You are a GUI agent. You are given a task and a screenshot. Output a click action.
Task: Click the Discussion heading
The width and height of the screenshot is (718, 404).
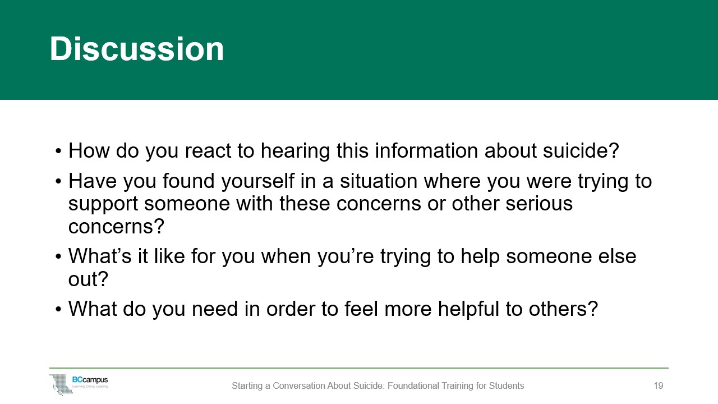tap(137, 49)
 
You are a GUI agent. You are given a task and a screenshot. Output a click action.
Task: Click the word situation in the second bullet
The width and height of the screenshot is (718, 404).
tap(379, 181)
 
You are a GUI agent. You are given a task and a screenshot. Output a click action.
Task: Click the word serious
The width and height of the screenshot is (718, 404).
tap(539, 204)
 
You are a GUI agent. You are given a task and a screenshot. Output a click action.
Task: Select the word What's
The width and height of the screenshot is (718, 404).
tap(100, 256)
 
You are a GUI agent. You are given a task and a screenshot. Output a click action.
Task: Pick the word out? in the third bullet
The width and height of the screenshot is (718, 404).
tap(88, 279)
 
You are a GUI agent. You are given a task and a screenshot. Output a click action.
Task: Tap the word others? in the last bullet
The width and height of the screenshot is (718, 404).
tap(563, 309)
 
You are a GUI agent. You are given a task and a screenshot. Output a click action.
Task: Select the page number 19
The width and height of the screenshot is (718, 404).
tap(659, 385)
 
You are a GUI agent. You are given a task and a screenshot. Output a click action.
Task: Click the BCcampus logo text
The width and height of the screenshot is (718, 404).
tap(90, 380)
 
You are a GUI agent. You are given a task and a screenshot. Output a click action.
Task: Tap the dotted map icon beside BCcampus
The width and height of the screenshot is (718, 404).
tap(61, 384)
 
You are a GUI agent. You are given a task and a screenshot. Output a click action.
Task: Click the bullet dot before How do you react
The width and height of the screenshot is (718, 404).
tap(58, 151)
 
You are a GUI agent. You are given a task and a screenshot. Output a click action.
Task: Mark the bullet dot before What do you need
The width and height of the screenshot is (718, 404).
tap(58, 309)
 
